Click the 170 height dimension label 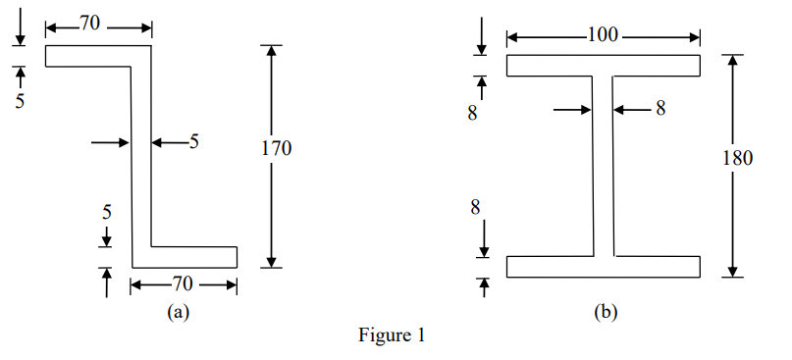coord(276,149)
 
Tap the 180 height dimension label coord(737,159)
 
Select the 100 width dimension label coord(603,36)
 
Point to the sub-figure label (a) coord(177,312)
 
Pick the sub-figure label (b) coord(605,313)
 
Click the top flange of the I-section coord(603,67)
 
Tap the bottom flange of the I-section coord(603,267)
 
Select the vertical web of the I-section coord(603,167)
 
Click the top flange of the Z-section coord(93,56)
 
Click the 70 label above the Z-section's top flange coord(89,25)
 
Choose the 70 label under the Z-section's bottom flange coord(183,285)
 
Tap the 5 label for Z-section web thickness coord(193,142)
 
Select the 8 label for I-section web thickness coord(660,109)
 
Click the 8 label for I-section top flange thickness coord(472,114)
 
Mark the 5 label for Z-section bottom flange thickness coord(107,211)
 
